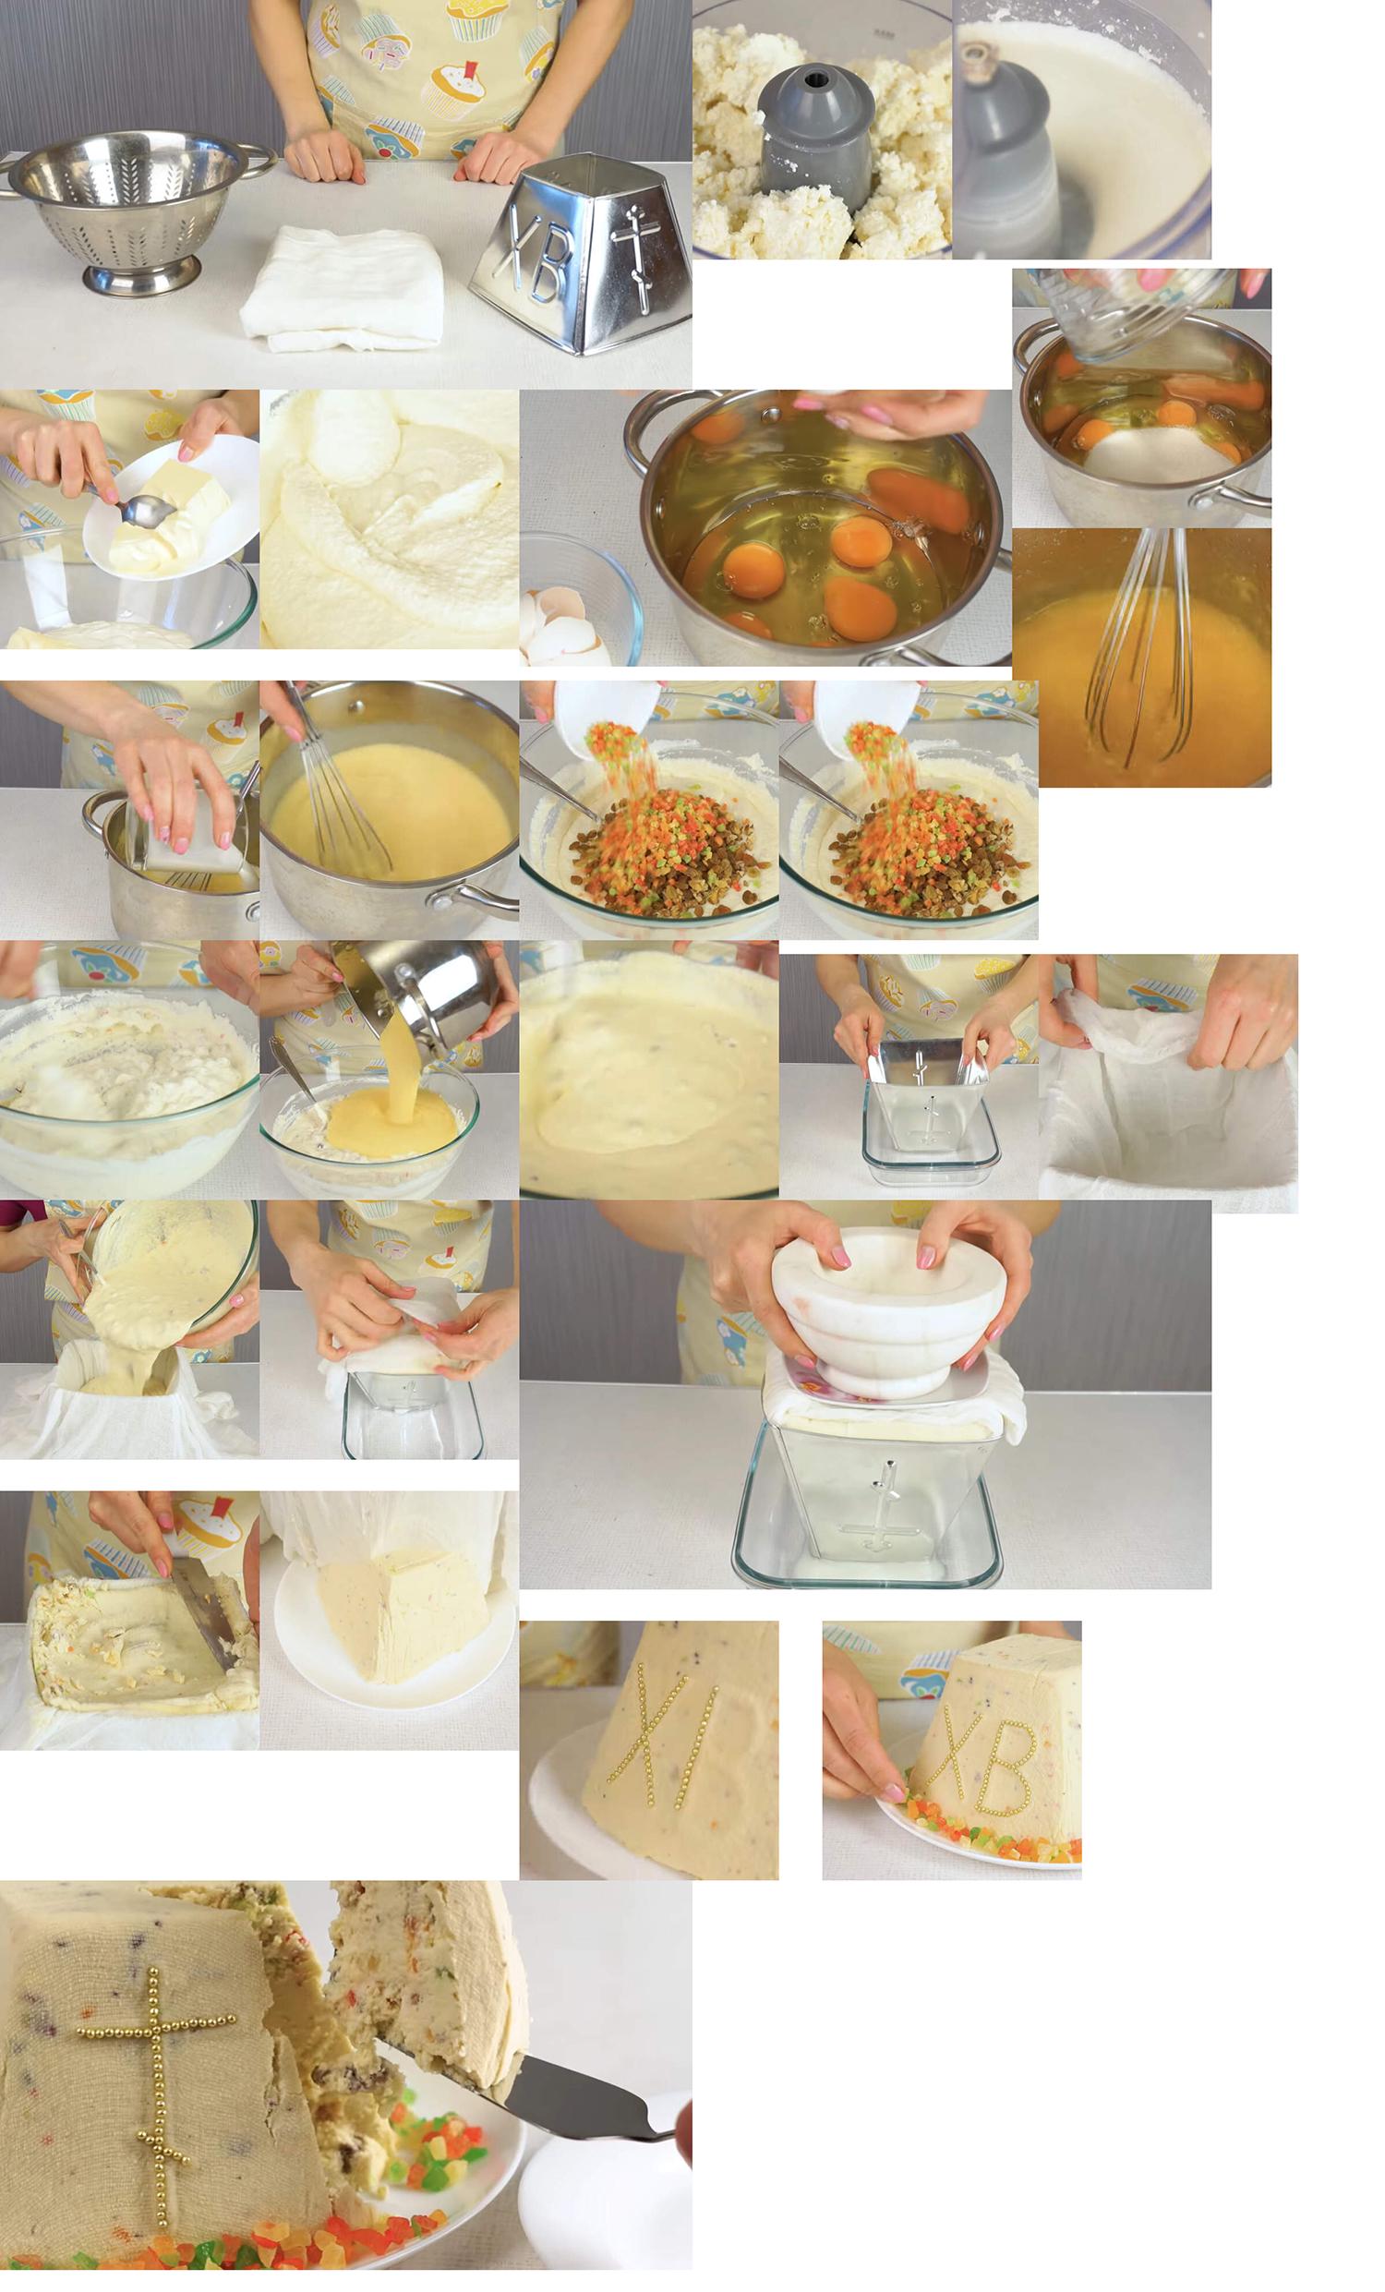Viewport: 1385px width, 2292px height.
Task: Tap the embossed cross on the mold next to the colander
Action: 634,255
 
